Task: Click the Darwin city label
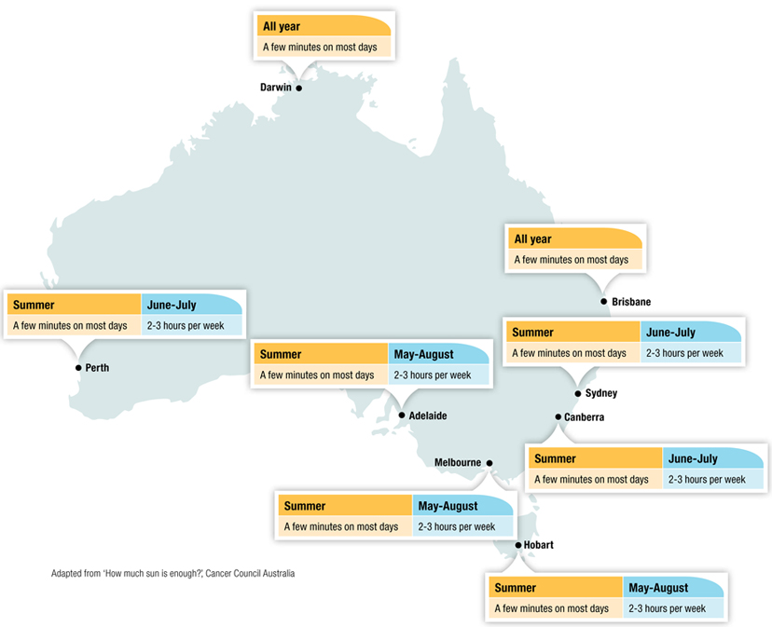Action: coord(276,88)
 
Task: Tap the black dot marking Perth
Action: coord(79,368)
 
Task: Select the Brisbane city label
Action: coord(631,302)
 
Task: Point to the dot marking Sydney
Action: coord(578,394)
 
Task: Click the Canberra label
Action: coord(585,417)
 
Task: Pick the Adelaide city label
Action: coord(428,416)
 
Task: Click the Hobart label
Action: coord(540,545)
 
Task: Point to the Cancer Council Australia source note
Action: coord(173,574)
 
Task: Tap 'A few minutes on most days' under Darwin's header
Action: coord(320,47)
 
